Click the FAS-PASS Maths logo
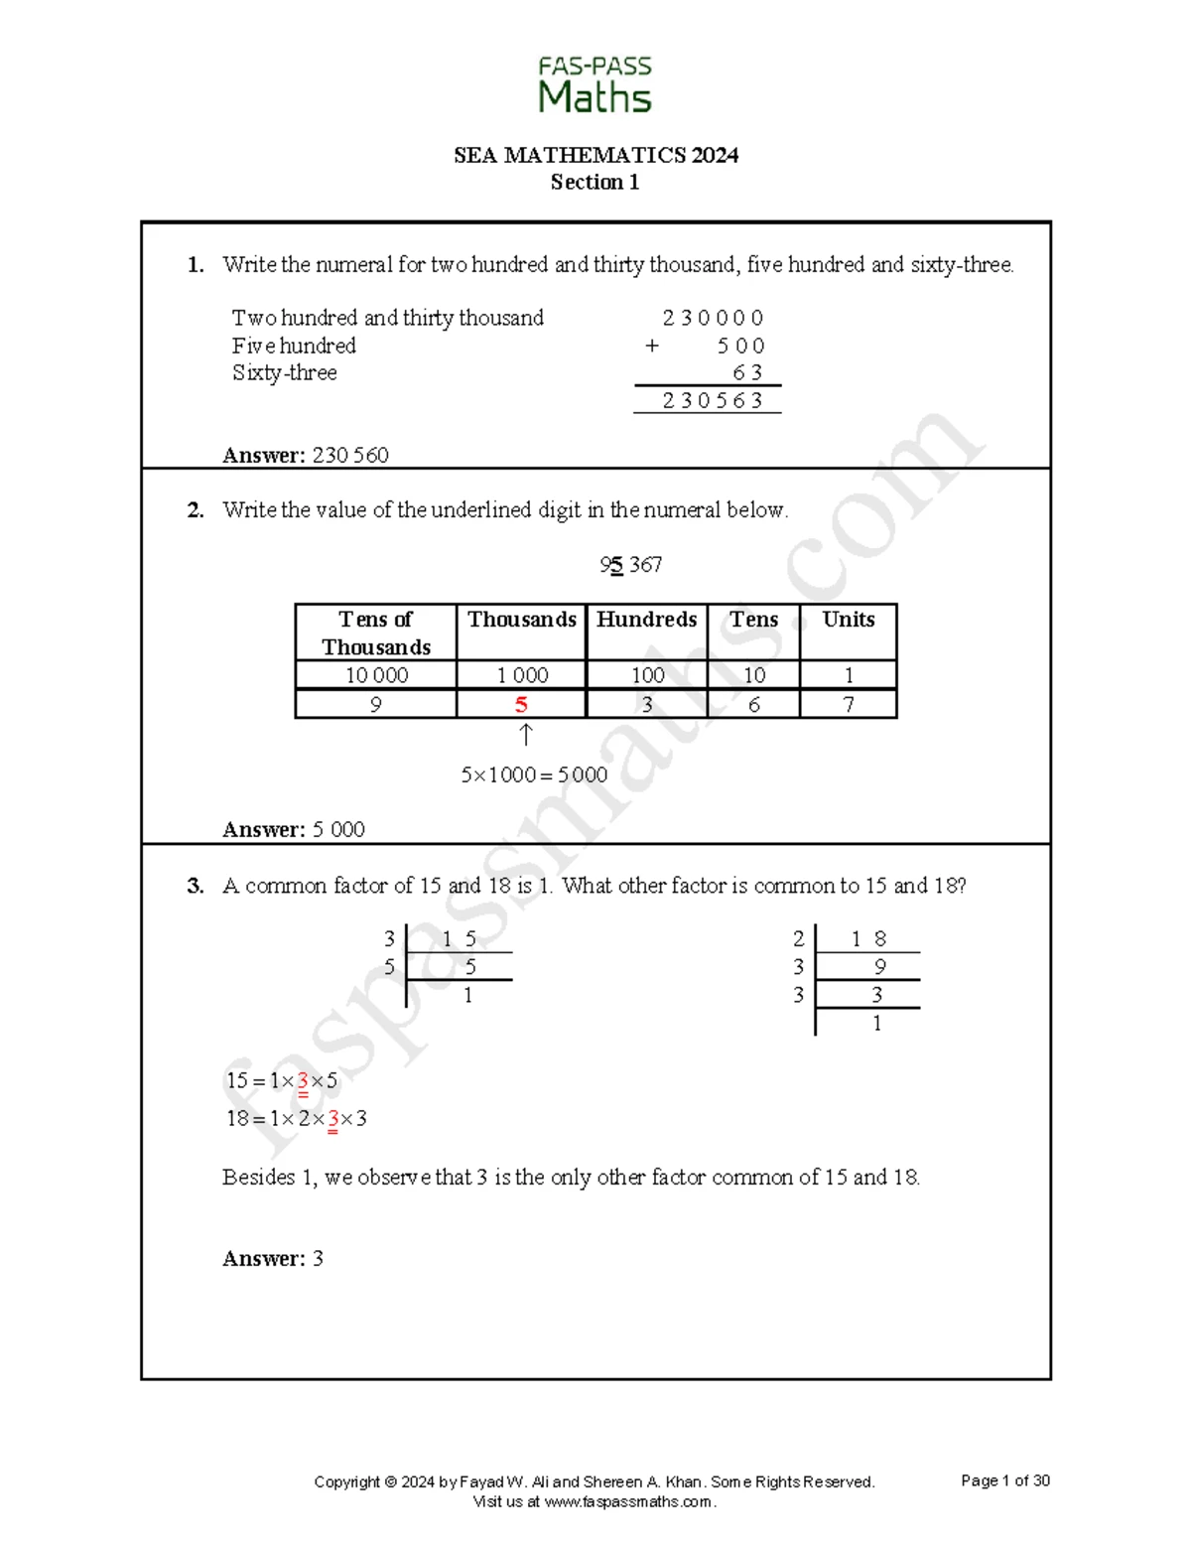point(595,85)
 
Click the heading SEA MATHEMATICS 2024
point(595,155)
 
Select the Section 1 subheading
point(595,182)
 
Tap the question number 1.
point(196,264)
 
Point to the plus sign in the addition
point(651,346)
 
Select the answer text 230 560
point(350,455)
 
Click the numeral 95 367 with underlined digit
point(630,565)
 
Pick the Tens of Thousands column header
point(375,632)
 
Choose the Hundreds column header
point(646,620)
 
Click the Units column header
point(848,620)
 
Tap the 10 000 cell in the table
point(376,675)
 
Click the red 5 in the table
point(521,705)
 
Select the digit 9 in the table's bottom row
point(375,705)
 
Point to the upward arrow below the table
point(526,735)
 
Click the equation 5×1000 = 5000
point(534,774)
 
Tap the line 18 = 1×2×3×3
point(297,1119)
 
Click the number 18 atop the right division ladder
point(868,939)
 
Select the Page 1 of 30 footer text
point(1004,1480)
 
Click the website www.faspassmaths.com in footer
point(628,1501)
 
